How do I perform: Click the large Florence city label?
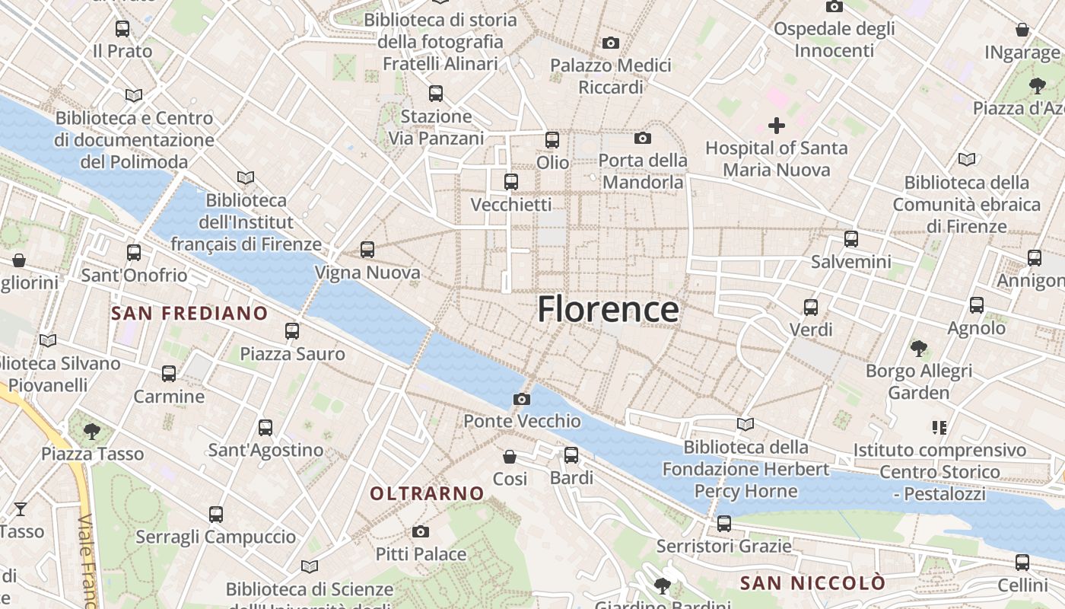click(x=608, y=310)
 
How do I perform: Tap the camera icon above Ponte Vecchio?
click(x=522, y=399)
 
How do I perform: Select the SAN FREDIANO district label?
click(x=189, y=313)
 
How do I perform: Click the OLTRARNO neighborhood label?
click(x=427, y=493)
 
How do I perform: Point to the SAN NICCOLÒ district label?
click(x=812, y=583)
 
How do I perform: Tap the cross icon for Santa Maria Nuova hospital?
click(x=776, y=126)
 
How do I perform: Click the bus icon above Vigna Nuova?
click(x=367, y=249)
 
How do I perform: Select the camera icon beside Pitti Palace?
click(x=421, y=531)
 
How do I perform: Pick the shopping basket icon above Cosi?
click(x=510, y=457)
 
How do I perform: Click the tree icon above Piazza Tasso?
click(x=92, y=432)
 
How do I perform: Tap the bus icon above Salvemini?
click(x=850, y=239)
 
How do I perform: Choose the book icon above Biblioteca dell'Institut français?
click(x=245, y=178)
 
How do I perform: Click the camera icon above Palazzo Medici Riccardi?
click(x=610, y=43)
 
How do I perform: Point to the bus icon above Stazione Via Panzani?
click(x=436, y=94)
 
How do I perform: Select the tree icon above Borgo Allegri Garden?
click(x=919, y=349)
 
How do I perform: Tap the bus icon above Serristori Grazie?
click(x=723, y=524)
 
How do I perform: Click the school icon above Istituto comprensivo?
click(x=939, y=428)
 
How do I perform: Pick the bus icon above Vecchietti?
click(x=511, y=182)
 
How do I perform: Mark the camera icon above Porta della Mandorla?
click(x=643, y=138)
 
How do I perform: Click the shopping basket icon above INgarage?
click(x=1022, y=30)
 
